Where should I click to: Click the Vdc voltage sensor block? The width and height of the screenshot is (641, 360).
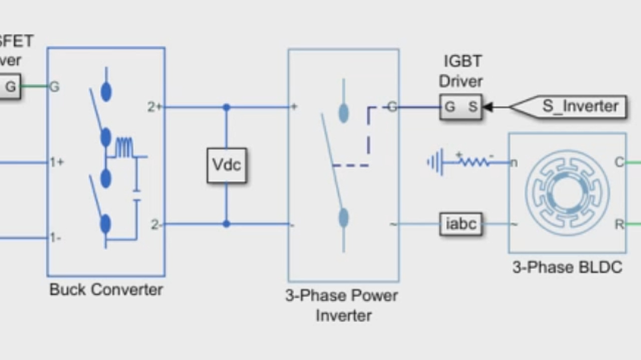(x=227, y=165)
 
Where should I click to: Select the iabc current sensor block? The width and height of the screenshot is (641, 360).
(x=461, y=223)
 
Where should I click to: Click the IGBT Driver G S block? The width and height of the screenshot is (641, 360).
(x=461, y=107)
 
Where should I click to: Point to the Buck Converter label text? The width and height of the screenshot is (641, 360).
(x=106, y=289)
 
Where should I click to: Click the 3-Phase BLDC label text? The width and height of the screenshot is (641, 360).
(x=567, y=267)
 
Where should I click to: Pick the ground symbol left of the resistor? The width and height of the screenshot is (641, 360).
(x=435, y=163)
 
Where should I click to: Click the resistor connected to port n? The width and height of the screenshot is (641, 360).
(x=474, y=162)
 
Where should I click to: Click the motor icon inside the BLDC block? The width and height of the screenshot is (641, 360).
(x=567, y=193)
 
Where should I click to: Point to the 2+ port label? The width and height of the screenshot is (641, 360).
(x=154, y=107)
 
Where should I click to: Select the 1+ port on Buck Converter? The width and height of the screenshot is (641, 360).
(x=57, y=162)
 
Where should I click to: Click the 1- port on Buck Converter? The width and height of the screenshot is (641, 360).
(x=56, y=238)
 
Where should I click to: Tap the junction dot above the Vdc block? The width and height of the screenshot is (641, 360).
(x=226, y=107)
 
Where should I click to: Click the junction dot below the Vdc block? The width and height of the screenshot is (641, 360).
(x=226, y=224)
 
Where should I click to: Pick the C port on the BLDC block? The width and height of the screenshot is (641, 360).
(x=619, y=162)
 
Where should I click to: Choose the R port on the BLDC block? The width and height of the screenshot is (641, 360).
(x=619, y=224)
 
